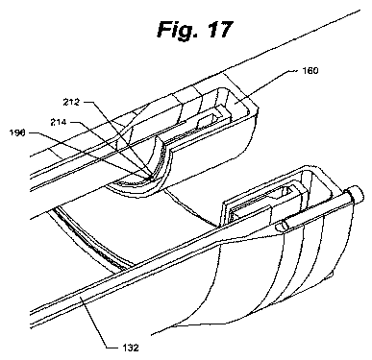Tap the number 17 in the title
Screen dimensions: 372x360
[219, 30]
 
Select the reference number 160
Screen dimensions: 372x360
[310, 71]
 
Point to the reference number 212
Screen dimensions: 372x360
[71, 102]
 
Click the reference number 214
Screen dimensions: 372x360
[59, 122]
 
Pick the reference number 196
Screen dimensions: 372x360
[17, 132]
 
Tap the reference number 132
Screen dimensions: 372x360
[131, 348]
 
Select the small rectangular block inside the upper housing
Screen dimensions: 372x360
[208, 122]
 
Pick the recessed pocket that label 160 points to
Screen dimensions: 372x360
[236, 102]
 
